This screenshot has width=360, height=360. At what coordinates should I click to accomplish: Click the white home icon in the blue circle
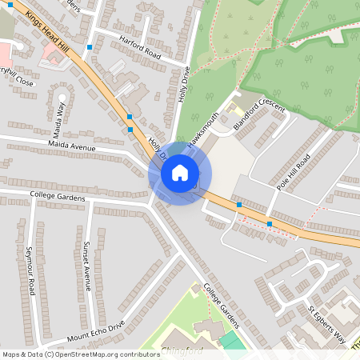click(x=180, y=173)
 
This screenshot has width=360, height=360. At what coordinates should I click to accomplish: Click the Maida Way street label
click(x=58, y=118)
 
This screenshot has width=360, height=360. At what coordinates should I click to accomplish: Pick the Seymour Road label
click(x=31, y=268)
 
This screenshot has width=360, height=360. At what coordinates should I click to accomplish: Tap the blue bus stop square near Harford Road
click(x=90, y=46)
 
